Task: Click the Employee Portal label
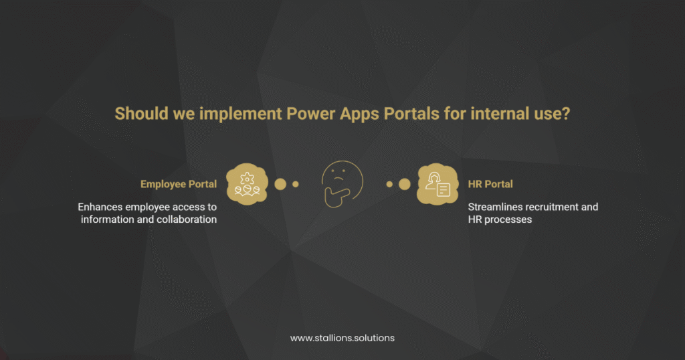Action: [179, 184]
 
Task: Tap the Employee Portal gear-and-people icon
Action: [247, 184]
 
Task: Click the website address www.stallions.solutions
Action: [342, 338]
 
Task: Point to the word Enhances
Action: [100, 207]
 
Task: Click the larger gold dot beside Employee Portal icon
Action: [280, 184]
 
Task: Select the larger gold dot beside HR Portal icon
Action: [404, 184]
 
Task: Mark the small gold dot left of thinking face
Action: [296, 184]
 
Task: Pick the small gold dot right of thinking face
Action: [389, 184]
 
